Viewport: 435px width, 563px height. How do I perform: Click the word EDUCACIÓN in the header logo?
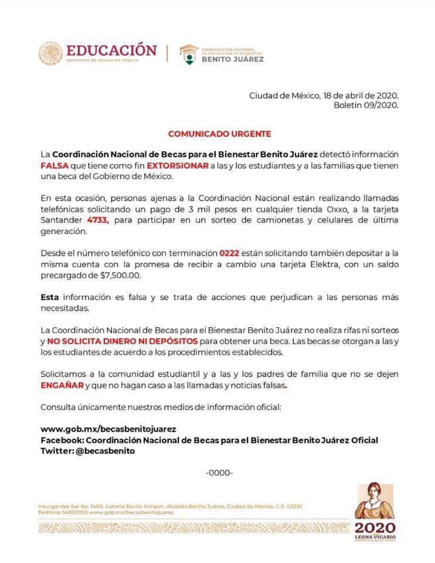pyautogui.click(x=111, y=50)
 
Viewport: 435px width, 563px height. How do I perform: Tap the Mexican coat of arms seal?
pyautogui.click(x=51, y=54)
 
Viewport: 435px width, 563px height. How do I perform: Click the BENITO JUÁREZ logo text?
pyautogui.click(x=233, y=59)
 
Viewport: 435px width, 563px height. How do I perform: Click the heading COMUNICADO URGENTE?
pyautogui.click(x=219, y=134)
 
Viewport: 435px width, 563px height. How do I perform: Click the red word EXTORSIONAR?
pyautogui.click(x=176, y=166)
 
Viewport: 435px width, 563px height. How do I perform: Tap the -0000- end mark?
pyautogui.click(x=219, y=473)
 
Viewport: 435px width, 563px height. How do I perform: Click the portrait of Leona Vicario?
pyautogui.click(x=373, y=500)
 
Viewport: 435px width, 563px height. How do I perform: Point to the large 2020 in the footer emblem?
pyautogui.click(x=375, y=527)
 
